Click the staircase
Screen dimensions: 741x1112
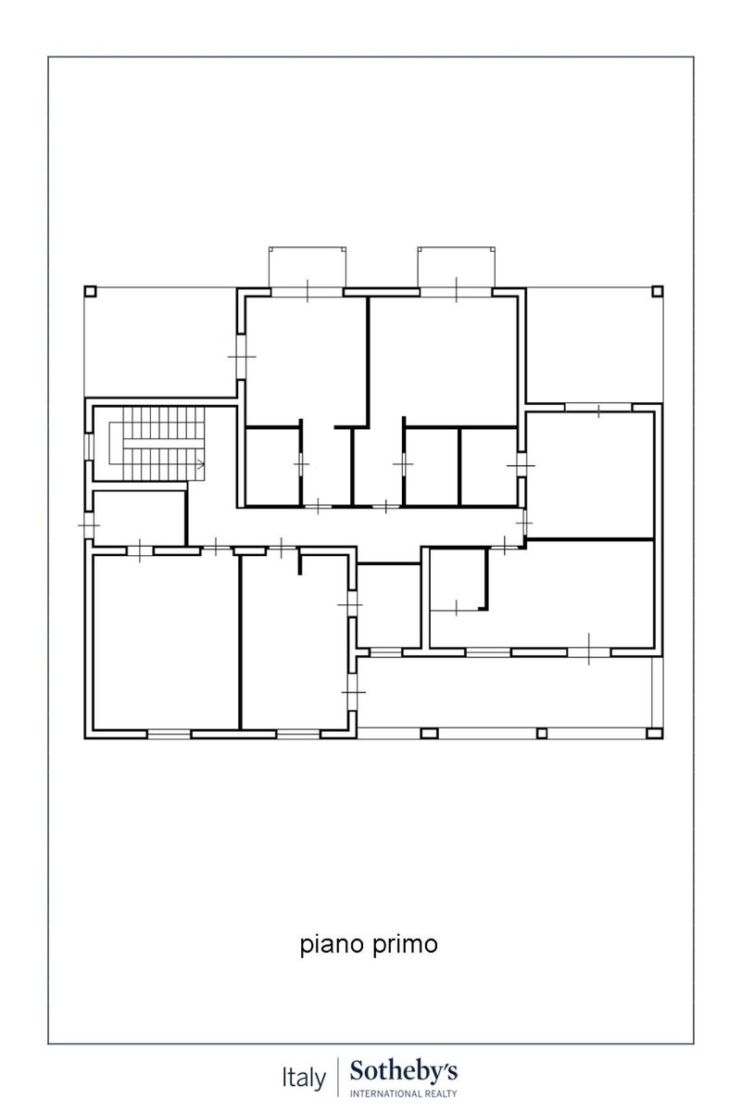157,444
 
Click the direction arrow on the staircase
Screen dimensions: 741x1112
200,465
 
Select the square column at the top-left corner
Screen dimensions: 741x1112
90,291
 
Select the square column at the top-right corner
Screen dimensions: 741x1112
657,291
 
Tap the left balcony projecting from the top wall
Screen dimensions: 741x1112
308,267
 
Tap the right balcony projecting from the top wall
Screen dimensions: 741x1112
456,267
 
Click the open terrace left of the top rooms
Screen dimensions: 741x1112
160,342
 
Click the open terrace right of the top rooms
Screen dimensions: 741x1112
594,345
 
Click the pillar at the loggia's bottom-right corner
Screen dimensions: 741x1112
655,733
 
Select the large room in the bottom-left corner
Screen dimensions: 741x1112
167,642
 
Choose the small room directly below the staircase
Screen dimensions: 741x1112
139,518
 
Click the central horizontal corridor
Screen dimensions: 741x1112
355,526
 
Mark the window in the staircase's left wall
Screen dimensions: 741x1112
88,447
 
